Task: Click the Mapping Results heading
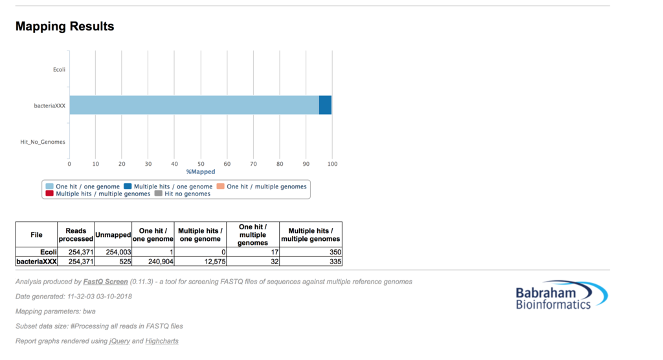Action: (65, 27)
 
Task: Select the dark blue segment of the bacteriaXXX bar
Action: (325, 105)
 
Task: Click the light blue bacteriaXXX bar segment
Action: (194, 105)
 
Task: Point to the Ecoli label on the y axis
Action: (59, 69)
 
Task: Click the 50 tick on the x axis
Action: (201, 164)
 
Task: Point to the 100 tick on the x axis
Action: (332, 164)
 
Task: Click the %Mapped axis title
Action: (201, 172)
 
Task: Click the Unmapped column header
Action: (113, 234)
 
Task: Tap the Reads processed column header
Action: (76, 234)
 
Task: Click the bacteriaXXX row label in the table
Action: (37, 262)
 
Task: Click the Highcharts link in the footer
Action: (162, 341)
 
